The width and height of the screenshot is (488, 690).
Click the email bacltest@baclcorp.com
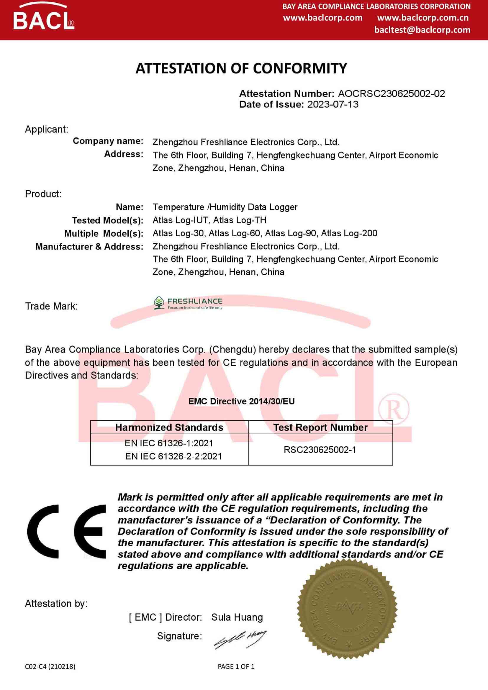click(x=422, y=30)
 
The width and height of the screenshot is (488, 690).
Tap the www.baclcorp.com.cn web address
click(x=423, y=18)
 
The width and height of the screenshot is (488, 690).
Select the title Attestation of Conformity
click(x=241, y=68)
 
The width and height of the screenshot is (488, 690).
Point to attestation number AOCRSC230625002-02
click(x=391, y=94)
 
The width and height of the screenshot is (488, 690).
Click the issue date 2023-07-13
click(x=333, y=104)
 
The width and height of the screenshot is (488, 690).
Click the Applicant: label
click(x=47, y=129)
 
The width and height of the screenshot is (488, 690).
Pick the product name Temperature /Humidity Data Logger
click(x=225, y=207)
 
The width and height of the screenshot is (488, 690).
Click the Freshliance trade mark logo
click(x=188, y=303)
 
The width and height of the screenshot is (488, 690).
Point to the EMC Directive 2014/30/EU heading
click(x=241, y=401)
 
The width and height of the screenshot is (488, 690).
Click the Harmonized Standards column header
click(x=169, y=427)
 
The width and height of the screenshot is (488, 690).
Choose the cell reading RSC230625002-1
click(x=320, y=450)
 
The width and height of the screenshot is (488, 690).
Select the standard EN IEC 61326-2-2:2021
click(x=173, y=456)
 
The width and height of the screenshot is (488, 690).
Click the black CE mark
click(x=66, y=531)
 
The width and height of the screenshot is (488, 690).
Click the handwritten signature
click(x=240, y=639)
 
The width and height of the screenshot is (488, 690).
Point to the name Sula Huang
click(x=237, y=617)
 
